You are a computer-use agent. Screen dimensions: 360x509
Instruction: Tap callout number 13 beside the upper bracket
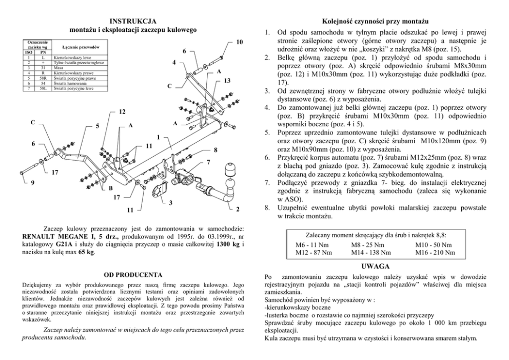point(227,81)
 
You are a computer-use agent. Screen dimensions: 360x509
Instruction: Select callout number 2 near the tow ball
point(238,209)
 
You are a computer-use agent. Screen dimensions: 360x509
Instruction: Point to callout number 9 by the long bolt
point(33,182)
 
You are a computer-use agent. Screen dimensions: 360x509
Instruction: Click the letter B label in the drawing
point(110,188)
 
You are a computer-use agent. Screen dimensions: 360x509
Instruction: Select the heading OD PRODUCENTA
point(133,275)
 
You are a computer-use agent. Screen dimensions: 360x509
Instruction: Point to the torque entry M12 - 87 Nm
point(314,252)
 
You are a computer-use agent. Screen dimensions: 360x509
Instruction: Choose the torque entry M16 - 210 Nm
point(436,252)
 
